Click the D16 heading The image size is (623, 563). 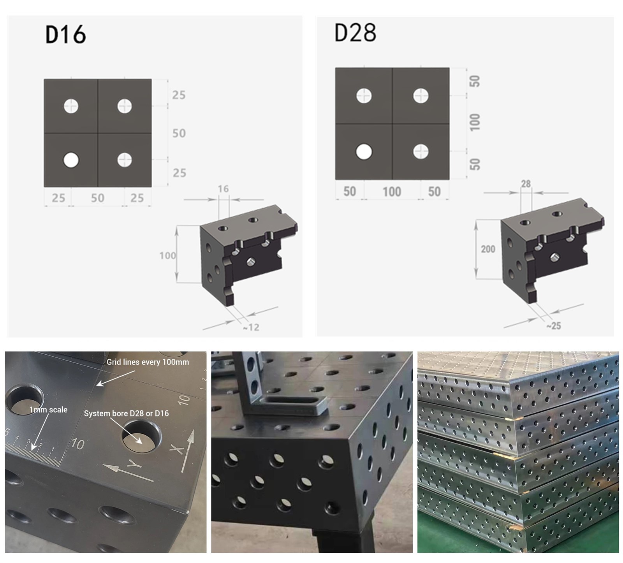(65, 34)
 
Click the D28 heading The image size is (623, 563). (355, 32)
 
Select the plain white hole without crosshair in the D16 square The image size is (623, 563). (71, 160)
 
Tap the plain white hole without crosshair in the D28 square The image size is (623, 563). (364, 152)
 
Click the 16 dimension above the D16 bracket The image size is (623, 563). (223, 189)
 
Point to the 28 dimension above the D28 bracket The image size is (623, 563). (526, 184)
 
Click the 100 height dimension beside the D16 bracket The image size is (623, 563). (167, 255)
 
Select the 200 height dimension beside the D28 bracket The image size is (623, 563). (488, 249)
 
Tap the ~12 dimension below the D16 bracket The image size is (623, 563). (251, 327)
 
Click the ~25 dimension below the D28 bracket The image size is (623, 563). (553, 326)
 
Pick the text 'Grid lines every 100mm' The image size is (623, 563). (148, 362)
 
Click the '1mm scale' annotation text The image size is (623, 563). (48, 410)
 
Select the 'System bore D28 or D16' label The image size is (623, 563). (126, 413)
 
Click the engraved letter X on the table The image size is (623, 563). (177, 449)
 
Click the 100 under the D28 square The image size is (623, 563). (392, 192)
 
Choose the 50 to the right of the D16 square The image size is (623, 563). (179, 133)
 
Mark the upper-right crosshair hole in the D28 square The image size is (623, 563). (421, 96)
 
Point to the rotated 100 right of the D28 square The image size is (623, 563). (475, 122)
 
